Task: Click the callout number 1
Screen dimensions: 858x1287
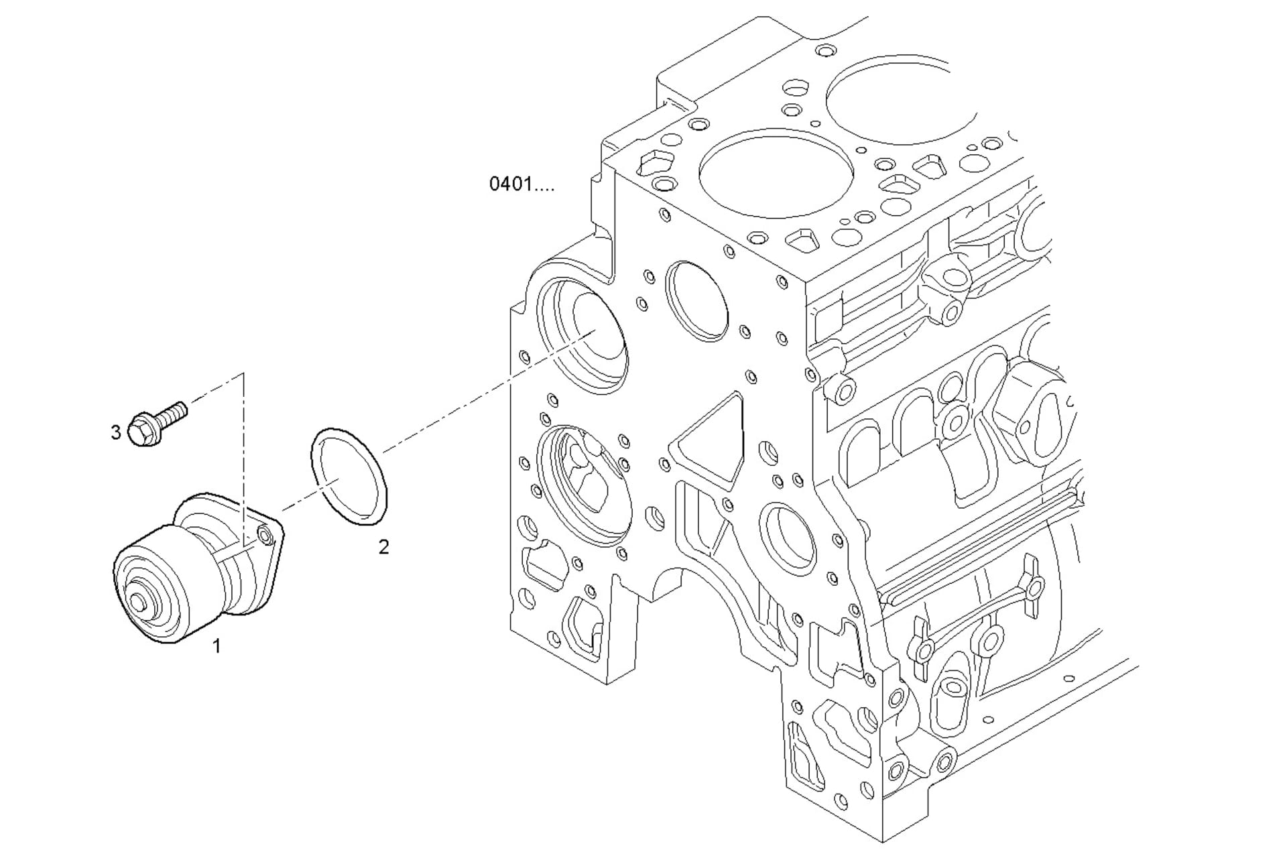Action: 217,646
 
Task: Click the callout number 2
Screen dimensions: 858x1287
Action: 383,547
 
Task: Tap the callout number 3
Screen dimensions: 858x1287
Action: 116,432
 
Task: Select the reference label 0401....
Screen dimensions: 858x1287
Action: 521,184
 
